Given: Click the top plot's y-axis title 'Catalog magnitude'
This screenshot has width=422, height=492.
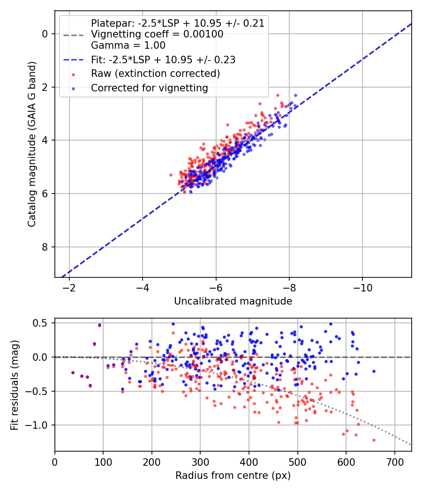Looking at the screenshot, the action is (31, 181).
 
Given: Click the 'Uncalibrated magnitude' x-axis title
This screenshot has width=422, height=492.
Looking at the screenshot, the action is (233, 301).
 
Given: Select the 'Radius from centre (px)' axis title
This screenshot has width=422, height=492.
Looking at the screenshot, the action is (233, 476).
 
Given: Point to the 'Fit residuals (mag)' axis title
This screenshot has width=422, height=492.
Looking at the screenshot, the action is (15, 385).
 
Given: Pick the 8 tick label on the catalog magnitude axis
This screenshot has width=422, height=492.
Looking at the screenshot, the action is (45, 247).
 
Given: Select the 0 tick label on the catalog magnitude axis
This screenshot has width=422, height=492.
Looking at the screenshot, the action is (45, 34).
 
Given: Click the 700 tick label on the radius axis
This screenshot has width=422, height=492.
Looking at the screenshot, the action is (394, 462).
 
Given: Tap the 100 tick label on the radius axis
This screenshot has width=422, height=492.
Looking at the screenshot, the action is (103, 462).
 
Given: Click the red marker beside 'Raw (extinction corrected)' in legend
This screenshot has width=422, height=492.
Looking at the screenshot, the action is (74, 75).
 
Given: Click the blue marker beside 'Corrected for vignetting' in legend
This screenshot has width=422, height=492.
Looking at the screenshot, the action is (74, 89).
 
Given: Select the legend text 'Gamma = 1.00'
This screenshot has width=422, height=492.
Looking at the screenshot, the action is (128, 45).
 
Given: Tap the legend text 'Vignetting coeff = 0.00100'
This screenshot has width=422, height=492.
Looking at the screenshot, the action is (157, 34).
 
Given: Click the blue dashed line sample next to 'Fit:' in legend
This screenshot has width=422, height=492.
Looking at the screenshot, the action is (74, 60).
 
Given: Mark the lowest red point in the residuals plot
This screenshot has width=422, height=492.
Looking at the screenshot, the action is (374, 440).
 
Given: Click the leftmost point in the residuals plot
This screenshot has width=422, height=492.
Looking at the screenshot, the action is (73, 373).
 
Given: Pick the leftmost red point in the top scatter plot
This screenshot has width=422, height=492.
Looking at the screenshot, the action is (171, 175).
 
